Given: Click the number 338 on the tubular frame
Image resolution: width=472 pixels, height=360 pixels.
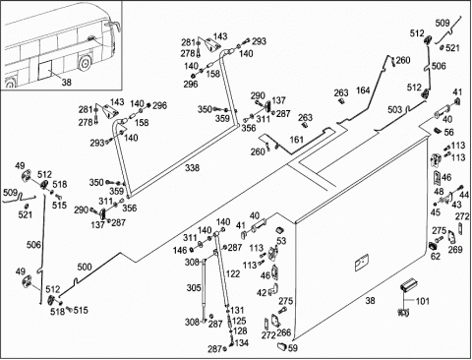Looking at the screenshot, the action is [192, 168].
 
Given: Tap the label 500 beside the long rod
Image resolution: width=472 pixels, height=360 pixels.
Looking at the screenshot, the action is [85, 267].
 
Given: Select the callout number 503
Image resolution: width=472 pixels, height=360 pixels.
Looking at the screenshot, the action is [394, 109].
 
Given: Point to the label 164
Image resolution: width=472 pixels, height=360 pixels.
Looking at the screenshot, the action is [363, 90].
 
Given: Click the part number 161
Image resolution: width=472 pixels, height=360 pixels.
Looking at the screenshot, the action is [296, 140].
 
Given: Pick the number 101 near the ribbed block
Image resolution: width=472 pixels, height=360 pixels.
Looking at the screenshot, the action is [422, 301].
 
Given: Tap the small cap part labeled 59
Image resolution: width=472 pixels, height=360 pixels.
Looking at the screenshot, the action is [282, 345].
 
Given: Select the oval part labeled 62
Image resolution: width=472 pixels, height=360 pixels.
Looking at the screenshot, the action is [433, 246].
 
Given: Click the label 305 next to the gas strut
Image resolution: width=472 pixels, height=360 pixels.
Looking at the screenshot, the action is [194, 288].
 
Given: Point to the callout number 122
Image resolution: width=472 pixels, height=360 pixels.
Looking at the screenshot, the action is [233, 273].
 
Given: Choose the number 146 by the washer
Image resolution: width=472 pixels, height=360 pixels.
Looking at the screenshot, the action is [180, 251].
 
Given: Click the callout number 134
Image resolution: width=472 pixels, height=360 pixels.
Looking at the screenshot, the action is [242, 343].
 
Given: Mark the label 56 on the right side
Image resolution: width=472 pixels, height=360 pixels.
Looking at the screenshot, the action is [448, 132].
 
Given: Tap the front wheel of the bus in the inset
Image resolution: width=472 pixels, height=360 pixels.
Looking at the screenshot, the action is [85, 62].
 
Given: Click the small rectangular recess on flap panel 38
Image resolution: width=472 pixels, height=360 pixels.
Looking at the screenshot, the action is [362, 263].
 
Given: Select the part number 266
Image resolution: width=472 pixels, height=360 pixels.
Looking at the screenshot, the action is [284, 332].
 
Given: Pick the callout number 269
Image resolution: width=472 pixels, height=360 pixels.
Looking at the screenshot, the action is [455, 249].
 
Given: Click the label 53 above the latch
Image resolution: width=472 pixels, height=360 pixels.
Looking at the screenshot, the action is [281, 241].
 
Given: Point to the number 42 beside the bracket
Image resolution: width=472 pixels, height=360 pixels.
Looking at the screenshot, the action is [262, 292].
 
